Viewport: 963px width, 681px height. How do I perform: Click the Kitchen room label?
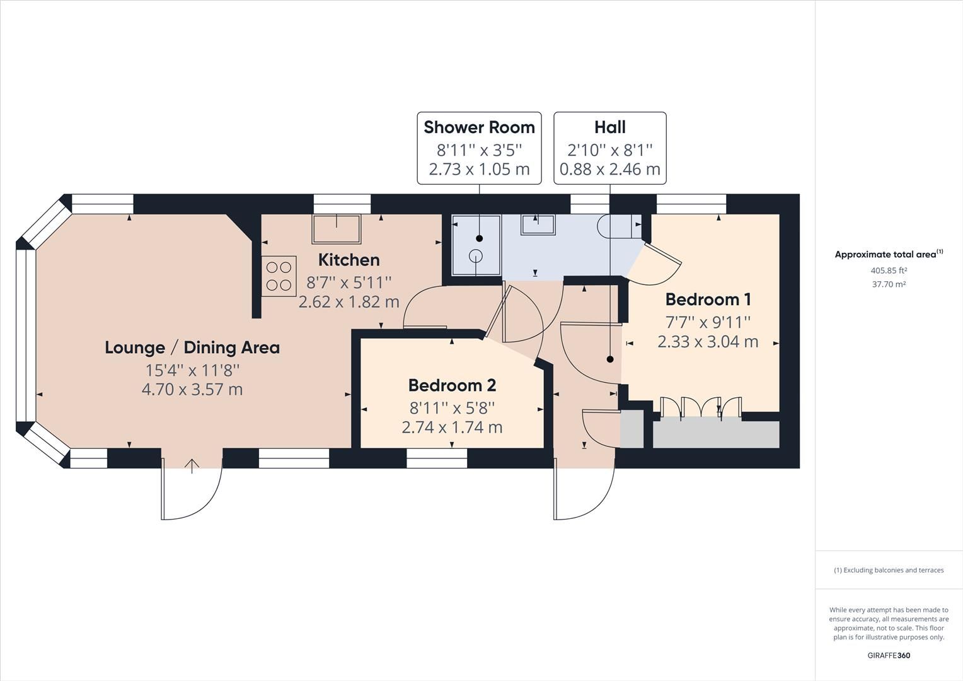349,260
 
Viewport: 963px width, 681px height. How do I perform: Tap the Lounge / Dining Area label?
192,347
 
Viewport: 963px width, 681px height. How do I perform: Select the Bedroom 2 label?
452,385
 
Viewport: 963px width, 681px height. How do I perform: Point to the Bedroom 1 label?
708,299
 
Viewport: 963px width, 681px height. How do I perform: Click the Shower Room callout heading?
479,127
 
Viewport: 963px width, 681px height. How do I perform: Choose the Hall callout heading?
609,127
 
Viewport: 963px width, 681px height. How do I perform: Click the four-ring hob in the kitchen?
279,276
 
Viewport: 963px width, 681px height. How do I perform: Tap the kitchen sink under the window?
337,229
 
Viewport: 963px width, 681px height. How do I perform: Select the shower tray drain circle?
476,255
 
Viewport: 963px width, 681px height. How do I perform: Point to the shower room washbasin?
538,224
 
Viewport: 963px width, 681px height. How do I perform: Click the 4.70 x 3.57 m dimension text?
192,390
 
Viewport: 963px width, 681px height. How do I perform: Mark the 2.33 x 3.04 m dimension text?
708,342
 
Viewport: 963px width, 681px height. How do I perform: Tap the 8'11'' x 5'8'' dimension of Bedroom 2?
452,407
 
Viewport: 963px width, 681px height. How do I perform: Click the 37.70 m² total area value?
888,284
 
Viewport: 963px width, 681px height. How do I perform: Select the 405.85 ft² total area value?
888,271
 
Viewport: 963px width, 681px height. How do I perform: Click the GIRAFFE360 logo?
888,655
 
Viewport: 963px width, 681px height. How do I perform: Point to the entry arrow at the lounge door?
192,466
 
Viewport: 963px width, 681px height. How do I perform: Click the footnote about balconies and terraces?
889,570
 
